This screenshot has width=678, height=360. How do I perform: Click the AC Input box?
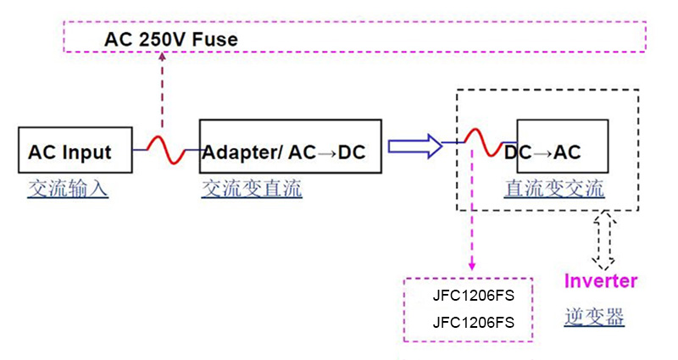click(x=75, y=152)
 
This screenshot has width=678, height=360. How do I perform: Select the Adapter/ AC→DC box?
click(x=290, y=151)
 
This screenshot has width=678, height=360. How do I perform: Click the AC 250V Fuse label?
click(x=170, y=39)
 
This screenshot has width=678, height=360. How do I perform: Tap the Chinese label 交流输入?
click(x=68, y=188)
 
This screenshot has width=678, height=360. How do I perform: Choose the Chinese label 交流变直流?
click(x=252, y=188)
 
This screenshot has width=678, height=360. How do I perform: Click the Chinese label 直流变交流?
click(x=554, y=188)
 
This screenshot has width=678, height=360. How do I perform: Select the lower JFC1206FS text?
click(x=473, y=323)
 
